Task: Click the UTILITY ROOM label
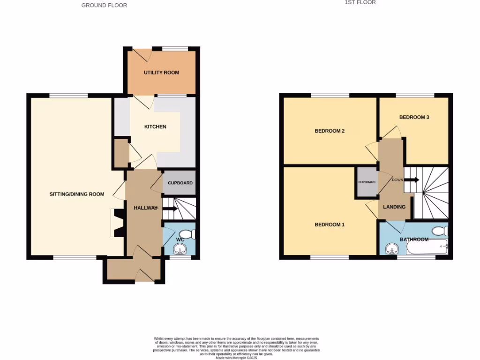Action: point(161,73)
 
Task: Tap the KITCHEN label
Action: point(155,127)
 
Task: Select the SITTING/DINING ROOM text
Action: point(77,194)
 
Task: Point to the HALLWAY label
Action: point(145,208)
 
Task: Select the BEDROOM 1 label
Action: point(330,225)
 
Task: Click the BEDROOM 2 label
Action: point(330,131)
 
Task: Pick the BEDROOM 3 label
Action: point(414,117)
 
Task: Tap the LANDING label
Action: point(394,207)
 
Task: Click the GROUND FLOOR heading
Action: point(104,5)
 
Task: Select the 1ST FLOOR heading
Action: point(360,2)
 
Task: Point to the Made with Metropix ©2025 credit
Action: point(237,358)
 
